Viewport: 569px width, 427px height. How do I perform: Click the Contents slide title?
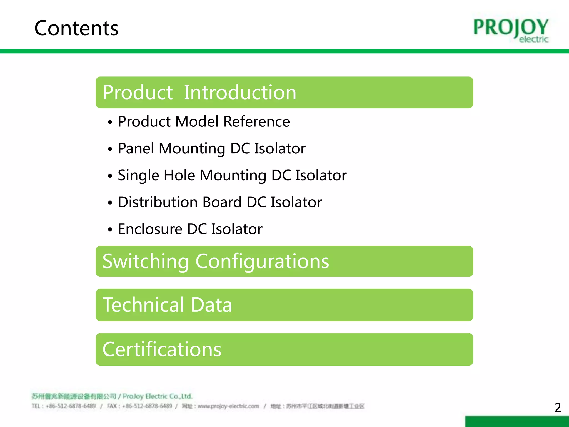click(x=76, y=28)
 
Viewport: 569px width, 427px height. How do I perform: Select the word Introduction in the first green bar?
click(x=240, y=93)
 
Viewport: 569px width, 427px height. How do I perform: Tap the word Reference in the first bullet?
click(x=256, y=122)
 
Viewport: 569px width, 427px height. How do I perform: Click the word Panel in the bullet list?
click(x=136, y=148)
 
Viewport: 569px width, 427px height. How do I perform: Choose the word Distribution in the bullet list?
click(x=158, y=202)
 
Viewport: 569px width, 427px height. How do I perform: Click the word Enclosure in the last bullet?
click(x=150, y=229)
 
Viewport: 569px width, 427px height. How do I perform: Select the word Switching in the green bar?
click(x=146, y=262)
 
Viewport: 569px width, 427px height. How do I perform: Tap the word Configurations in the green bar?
click(x=262, y=262)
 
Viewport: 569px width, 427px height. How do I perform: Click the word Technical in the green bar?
click(x=143, y=305)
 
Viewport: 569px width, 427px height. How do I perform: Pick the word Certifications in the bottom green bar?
click(x=162, y=349)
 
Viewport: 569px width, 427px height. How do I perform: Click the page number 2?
click(x=557, y=408)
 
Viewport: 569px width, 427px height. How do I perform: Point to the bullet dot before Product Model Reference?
click(x=110, y=122)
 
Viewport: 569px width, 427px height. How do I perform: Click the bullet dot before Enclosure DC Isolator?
click(x=110, y=230)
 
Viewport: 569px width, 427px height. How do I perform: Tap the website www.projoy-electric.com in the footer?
click(x=228, y=406)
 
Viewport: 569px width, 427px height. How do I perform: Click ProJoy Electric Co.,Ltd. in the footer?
click(x=158, y=396)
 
